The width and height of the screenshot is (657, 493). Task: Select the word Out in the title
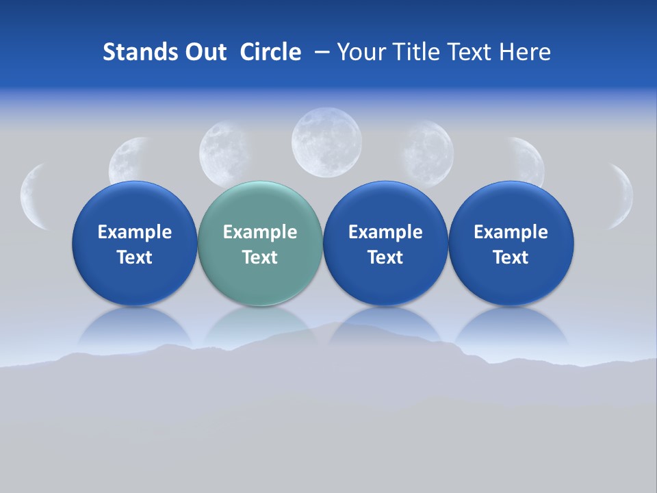pyautogui.click(x=203, y=52)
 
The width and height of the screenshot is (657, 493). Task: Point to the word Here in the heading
pyautogui.click(x=524, y=52)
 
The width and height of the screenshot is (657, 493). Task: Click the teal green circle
pyautogui.click(x=260, y=243)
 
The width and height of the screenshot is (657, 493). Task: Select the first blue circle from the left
pyautogui.click(x=134, y=243)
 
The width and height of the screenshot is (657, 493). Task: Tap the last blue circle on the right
pyautogui.click(x=511, y=243)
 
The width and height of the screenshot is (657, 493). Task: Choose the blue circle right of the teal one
pyautogui.click(x=385, y=243)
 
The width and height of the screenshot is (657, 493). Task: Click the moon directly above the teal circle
pyautogui.click(x=224, y=153)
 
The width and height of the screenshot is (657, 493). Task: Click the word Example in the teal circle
pyautogui.click(x=260, y=232)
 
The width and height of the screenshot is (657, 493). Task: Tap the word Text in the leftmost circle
pyautogui.click(x=134, y=257)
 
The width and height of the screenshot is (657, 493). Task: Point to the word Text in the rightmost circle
pyautogui.click(x=511, y=257)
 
